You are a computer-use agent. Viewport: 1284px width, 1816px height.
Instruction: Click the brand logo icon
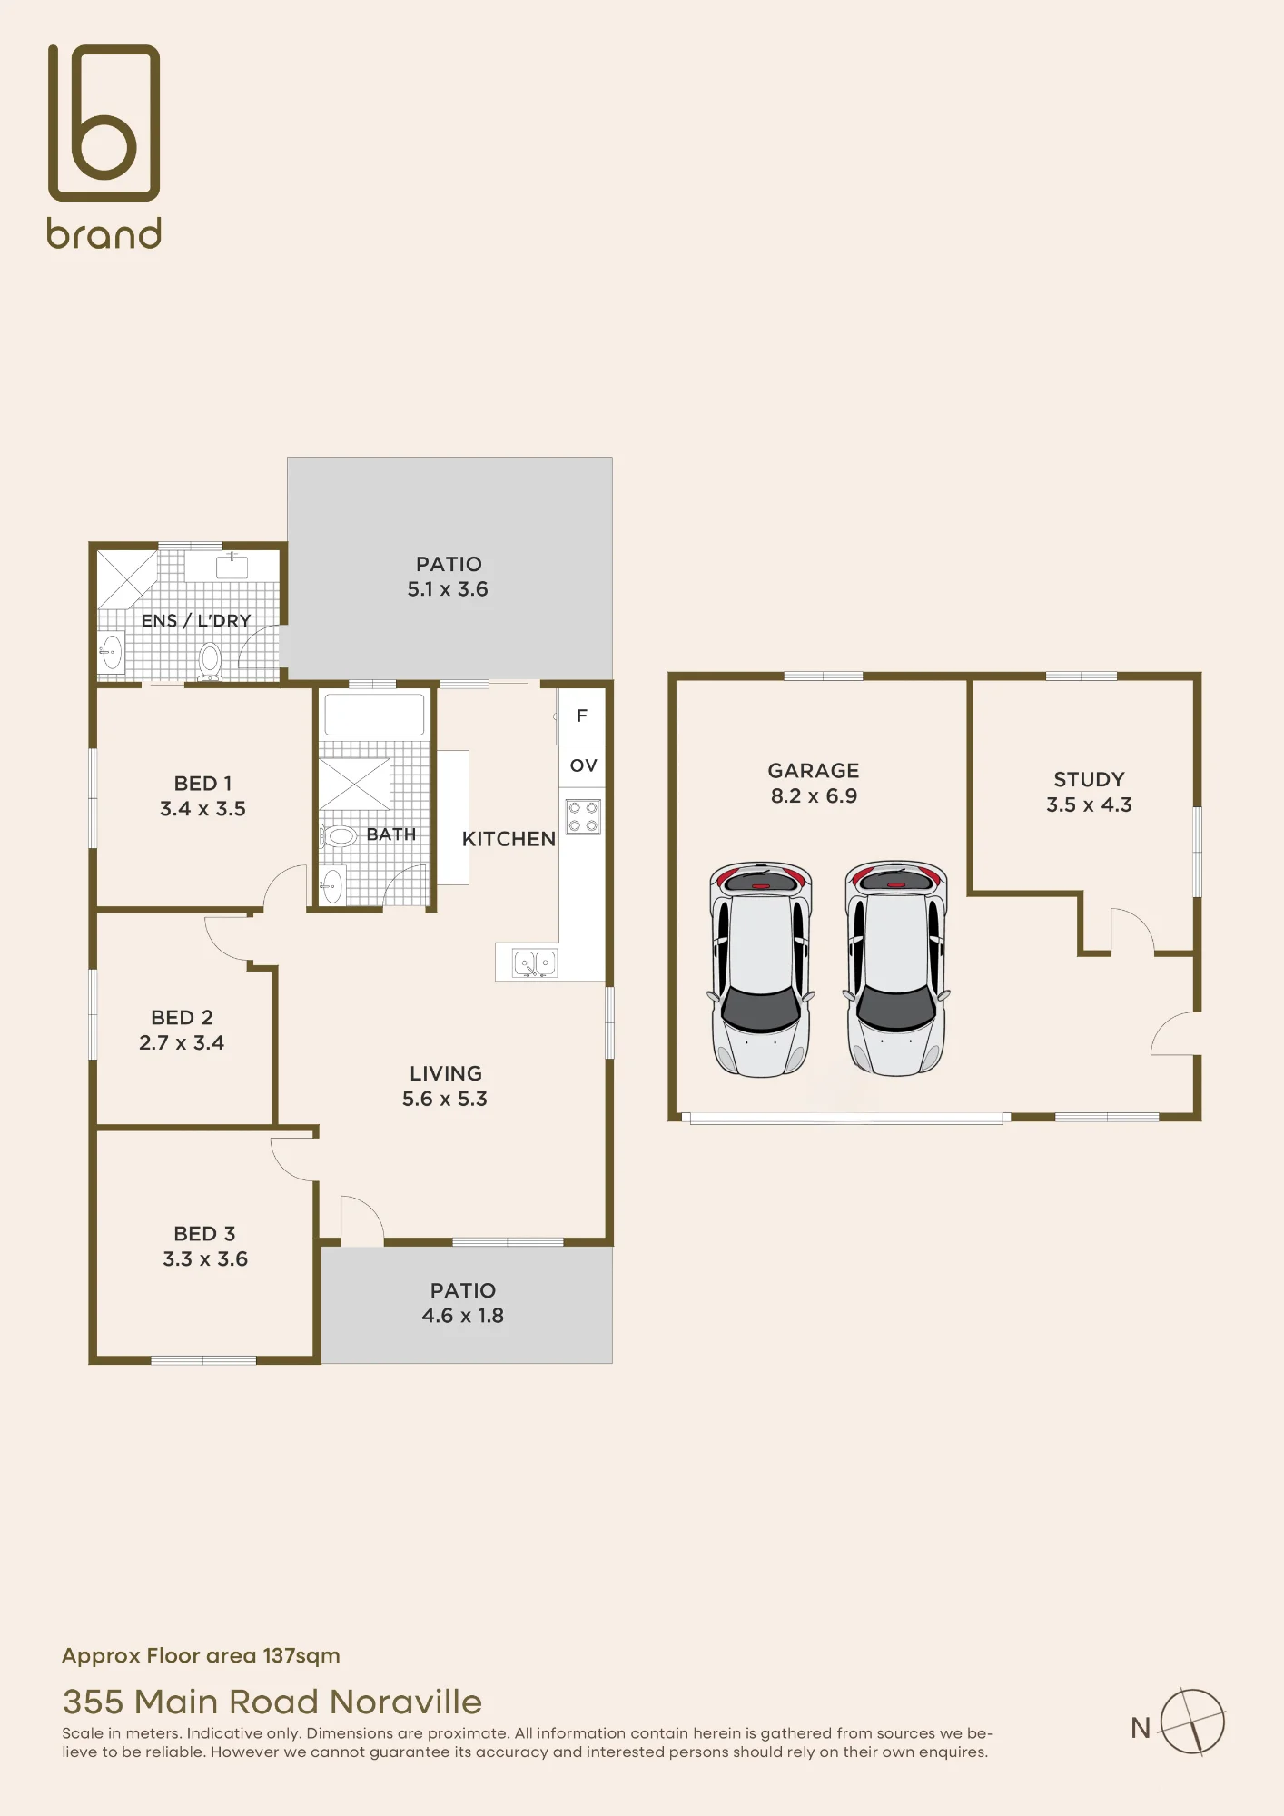pos(104,122)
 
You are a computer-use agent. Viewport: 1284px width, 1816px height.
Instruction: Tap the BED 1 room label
pos(203,783)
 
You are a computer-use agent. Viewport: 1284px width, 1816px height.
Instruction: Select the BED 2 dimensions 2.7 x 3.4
pos(182,1042)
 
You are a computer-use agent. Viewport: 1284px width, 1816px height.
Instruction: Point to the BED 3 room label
pos(204,1233)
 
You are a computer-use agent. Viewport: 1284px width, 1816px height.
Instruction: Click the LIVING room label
pos(446,1073)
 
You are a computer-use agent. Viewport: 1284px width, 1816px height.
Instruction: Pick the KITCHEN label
pos(509,839)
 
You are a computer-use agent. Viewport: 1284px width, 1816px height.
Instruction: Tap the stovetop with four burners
pos(583,816)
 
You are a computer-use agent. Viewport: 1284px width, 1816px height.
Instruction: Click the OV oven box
pos(582,765)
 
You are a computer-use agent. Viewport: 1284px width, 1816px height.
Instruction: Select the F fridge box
pos(582,716)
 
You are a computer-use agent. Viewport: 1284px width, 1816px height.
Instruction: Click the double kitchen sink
pos(535,962)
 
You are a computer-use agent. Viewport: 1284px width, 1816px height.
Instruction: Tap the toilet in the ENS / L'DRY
pos(210,660)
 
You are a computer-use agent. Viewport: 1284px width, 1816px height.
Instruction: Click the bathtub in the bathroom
pos(374,715)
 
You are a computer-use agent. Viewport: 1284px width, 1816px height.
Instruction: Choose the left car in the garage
pos(760,969)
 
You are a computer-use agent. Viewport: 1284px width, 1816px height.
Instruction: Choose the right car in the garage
pos(896,968)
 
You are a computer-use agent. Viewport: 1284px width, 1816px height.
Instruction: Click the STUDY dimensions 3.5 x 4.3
pos(1089,804)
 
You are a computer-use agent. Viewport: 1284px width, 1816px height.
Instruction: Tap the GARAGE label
pos(814,770)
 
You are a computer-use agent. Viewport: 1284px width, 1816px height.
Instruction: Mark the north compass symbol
pos(1192,1722)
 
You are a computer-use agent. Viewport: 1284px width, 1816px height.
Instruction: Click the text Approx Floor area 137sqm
pos(201,1655)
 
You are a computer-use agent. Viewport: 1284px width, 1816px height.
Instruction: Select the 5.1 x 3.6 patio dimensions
pos(448,589)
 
